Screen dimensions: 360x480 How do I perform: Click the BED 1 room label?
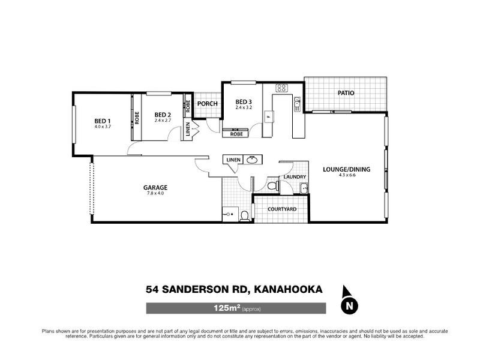pos(103,121)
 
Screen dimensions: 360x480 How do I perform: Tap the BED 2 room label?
pos(163,115)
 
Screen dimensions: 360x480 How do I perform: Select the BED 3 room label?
pos(243,101)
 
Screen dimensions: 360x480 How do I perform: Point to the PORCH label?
pos(207,103)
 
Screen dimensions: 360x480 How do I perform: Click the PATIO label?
pos(346,94)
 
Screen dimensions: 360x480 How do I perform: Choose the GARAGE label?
pos(155,187)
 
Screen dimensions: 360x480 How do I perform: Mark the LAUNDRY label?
pos(295,176)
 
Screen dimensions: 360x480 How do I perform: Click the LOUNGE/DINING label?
pos(346,169)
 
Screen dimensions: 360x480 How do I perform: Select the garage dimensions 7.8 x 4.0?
pos(155,193)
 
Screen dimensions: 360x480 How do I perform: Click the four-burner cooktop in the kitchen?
pos(281,88)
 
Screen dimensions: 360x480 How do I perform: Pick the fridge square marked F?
pos(268,117)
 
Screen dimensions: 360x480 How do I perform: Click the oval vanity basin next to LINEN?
pos(253,160)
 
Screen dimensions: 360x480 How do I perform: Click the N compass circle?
pos(347,307)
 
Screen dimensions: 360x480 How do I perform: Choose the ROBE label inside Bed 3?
pos(237,134)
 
